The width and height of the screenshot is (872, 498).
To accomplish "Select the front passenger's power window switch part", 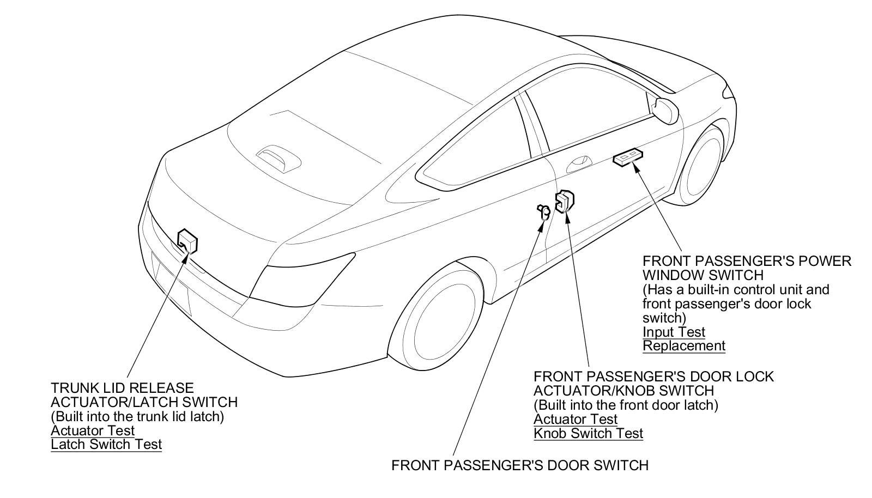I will tap(628, 158).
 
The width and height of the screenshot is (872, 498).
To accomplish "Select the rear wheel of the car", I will tap(441, 318).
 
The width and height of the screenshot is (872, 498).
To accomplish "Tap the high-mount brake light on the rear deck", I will tap(278, 155).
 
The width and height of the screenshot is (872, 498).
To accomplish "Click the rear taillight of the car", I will tap(305, 272).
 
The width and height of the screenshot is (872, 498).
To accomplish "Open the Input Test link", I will tap(674, 332).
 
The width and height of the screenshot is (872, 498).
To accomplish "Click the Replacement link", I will tap(684, 345).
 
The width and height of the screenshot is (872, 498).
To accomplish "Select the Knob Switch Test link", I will tap(588, 433).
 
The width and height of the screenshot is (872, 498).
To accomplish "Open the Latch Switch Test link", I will tap(106, 444).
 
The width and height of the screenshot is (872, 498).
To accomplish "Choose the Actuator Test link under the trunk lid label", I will tap(93, 430).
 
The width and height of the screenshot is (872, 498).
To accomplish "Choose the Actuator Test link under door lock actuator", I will tap(576, 419).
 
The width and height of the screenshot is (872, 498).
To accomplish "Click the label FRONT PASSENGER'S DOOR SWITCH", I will tap(520, 465).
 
